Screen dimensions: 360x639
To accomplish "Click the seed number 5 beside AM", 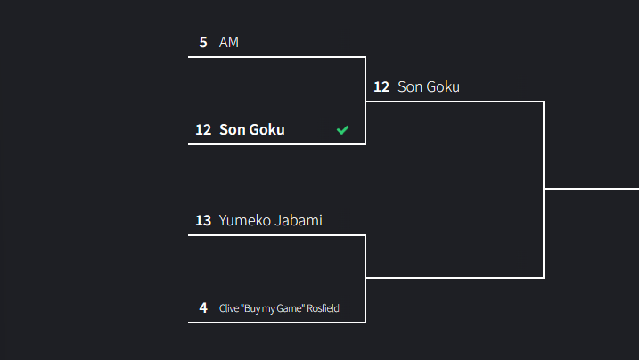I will pyautogui.click(x=203, y=42).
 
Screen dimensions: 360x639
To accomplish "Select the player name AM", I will pyautogui.click(x=229, y=42).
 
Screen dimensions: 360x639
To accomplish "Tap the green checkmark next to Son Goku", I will pyautogui.click(x=342, y=130).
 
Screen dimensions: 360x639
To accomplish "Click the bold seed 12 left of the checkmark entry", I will pyautogui.click(x=203, y=129).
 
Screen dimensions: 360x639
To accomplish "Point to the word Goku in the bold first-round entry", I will pyautogui.click(x=267, y=129).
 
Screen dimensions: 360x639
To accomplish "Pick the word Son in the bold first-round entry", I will pyautogui.click(x=232, y=129).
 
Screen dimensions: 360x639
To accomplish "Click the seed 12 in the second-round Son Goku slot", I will pyautogui.click(x=381, y=86).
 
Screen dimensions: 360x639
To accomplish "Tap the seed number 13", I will pyautogui.click(x=203, y=220).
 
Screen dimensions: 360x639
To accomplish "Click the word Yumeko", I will pyautogui.click(x=244, y=220).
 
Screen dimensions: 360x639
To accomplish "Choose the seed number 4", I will pyautogui.click(x=203, y=308).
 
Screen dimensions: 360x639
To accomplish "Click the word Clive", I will pyautogui.click(x=228, y=308).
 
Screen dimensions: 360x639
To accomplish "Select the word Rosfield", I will pyautogui.click(x=324, y=308).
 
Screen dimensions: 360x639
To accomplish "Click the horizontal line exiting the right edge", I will pyautogui.click(x=593, y=189).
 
